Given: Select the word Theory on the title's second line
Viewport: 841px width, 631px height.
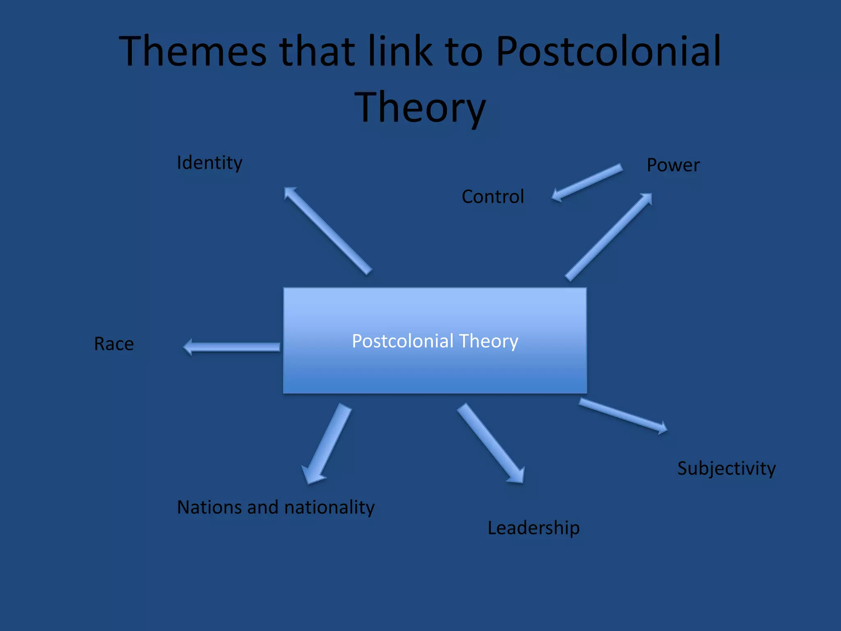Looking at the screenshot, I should (x=420, y=108).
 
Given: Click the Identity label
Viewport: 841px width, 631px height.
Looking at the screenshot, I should (x=209, y=163).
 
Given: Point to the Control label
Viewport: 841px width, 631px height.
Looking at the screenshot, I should (x=493, y=196).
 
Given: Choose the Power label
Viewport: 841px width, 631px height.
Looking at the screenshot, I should (x=673, y=165).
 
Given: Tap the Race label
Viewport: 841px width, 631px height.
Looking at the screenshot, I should (x=114, y=344).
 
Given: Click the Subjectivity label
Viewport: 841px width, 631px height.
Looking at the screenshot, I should (x=726, y=469).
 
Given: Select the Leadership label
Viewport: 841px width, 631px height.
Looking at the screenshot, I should (x=533, y=528).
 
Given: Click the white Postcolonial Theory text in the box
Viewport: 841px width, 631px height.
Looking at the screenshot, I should (x=435, y=341).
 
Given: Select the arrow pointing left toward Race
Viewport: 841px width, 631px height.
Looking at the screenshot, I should (x=232, y=347).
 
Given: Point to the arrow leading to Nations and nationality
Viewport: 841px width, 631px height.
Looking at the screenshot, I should (x=327, y=444).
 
